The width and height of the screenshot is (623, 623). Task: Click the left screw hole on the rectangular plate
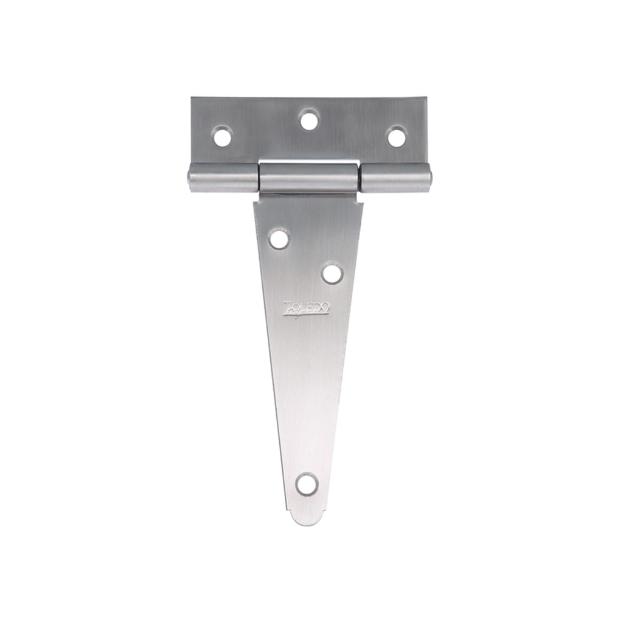[222, 136]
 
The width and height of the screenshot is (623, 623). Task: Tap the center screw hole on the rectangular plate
[309, 120]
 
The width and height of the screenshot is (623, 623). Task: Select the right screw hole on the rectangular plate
[396, 137]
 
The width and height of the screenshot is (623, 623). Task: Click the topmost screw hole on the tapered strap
[279, 238]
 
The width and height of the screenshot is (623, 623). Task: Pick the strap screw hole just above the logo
[332, 273]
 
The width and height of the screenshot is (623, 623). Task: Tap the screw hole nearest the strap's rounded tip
[307, 484]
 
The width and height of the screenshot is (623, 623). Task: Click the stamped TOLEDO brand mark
[307, 309]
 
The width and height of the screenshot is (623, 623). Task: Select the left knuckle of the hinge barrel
[223, 178]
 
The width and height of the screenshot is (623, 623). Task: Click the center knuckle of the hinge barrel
[309, 178]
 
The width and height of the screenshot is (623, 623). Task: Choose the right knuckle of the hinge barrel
[395, 178]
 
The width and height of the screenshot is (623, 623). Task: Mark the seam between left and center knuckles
[259, 178]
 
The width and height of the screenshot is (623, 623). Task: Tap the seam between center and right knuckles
[359, 178]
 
